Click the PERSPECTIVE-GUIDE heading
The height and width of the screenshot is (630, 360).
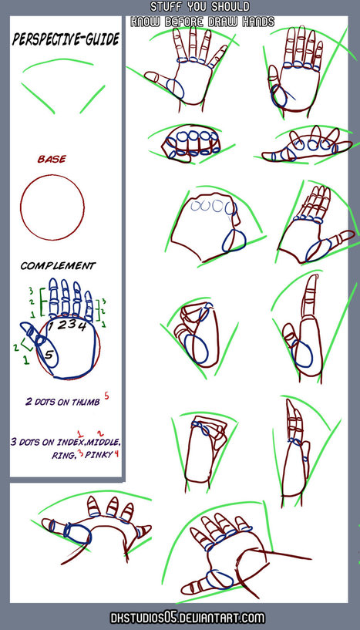pyautogui.click(x=66, y=39)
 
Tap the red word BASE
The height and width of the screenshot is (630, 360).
pyautogui.click(x=52, y=160)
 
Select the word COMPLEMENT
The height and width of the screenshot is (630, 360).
pyautogui.click(x=58, y=265)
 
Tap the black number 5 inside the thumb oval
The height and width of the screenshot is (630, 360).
pyautogui.click(x=49, y=355)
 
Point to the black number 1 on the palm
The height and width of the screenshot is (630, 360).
pyautogui.click(x=51, y=326)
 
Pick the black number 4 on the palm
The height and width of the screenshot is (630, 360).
pyautogui.click(x=82, y=327)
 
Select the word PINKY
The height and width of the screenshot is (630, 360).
pyautogui.click(x=98, y=455)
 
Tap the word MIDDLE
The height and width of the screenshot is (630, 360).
pyautogui.click(x=103, y=443)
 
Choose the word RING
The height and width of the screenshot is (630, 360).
pyautogui.click(x=62, y=455)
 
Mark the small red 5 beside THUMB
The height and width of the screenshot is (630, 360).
pyautogui.click(x=106, y=396)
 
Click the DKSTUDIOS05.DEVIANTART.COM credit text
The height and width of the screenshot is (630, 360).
pyautogui.click(x=187, y=618)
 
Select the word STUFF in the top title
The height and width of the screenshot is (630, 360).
pyautogui.click(x=164, y=7)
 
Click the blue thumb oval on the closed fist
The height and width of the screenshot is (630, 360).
pyautogui.click(x=234, y=241)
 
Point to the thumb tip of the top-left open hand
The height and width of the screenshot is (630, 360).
pyautogui.click(x=146, y=76)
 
